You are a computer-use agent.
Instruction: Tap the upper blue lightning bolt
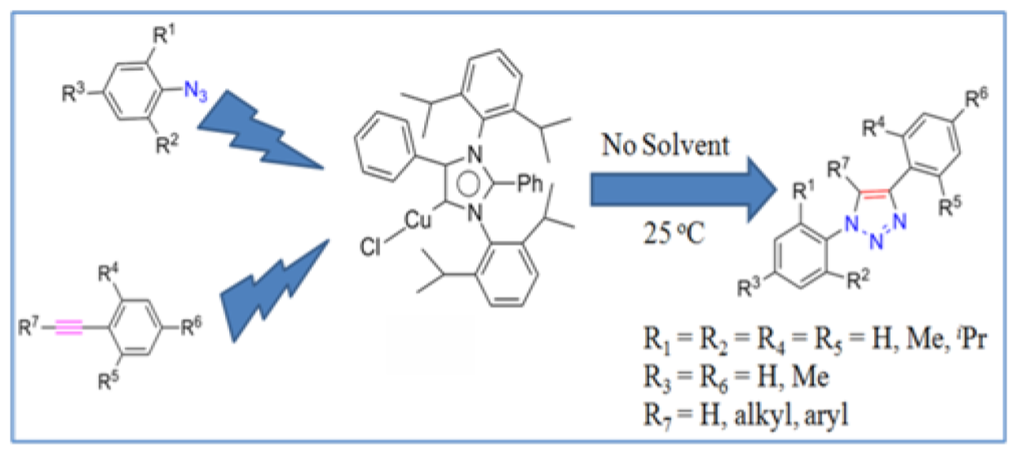(x=259, y=133)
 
